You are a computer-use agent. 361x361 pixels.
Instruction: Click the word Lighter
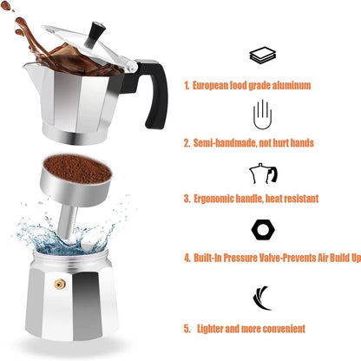click(214, 329)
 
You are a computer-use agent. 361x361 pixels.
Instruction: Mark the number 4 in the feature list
click(187, 258)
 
